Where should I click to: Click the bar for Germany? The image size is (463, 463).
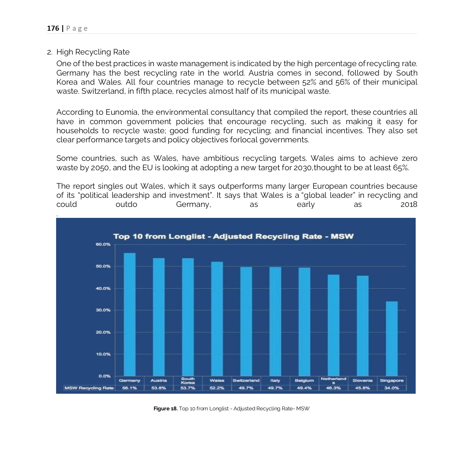[130, 313]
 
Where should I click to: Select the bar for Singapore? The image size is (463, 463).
[392, 339]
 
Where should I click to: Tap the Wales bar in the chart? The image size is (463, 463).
[217, 318]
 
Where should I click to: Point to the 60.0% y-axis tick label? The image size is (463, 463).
[103, 244]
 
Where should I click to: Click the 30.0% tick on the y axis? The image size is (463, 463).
[103, 310]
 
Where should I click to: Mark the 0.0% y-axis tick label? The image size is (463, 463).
[104, 376]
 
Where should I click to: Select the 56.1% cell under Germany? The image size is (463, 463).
[129, 388]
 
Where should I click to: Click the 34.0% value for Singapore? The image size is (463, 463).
[392, 388]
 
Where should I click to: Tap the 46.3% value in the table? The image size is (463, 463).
[333, 388]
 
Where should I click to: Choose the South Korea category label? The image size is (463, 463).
[188, 381]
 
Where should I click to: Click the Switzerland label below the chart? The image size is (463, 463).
[246, 381]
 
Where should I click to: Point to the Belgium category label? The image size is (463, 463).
[304, 381]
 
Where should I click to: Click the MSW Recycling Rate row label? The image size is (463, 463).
[89, 388]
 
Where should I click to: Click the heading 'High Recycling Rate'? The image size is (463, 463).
[93, 52]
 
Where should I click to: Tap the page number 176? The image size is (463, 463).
[53, 29]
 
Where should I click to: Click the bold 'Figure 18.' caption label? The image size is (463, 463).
[166, 409]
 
